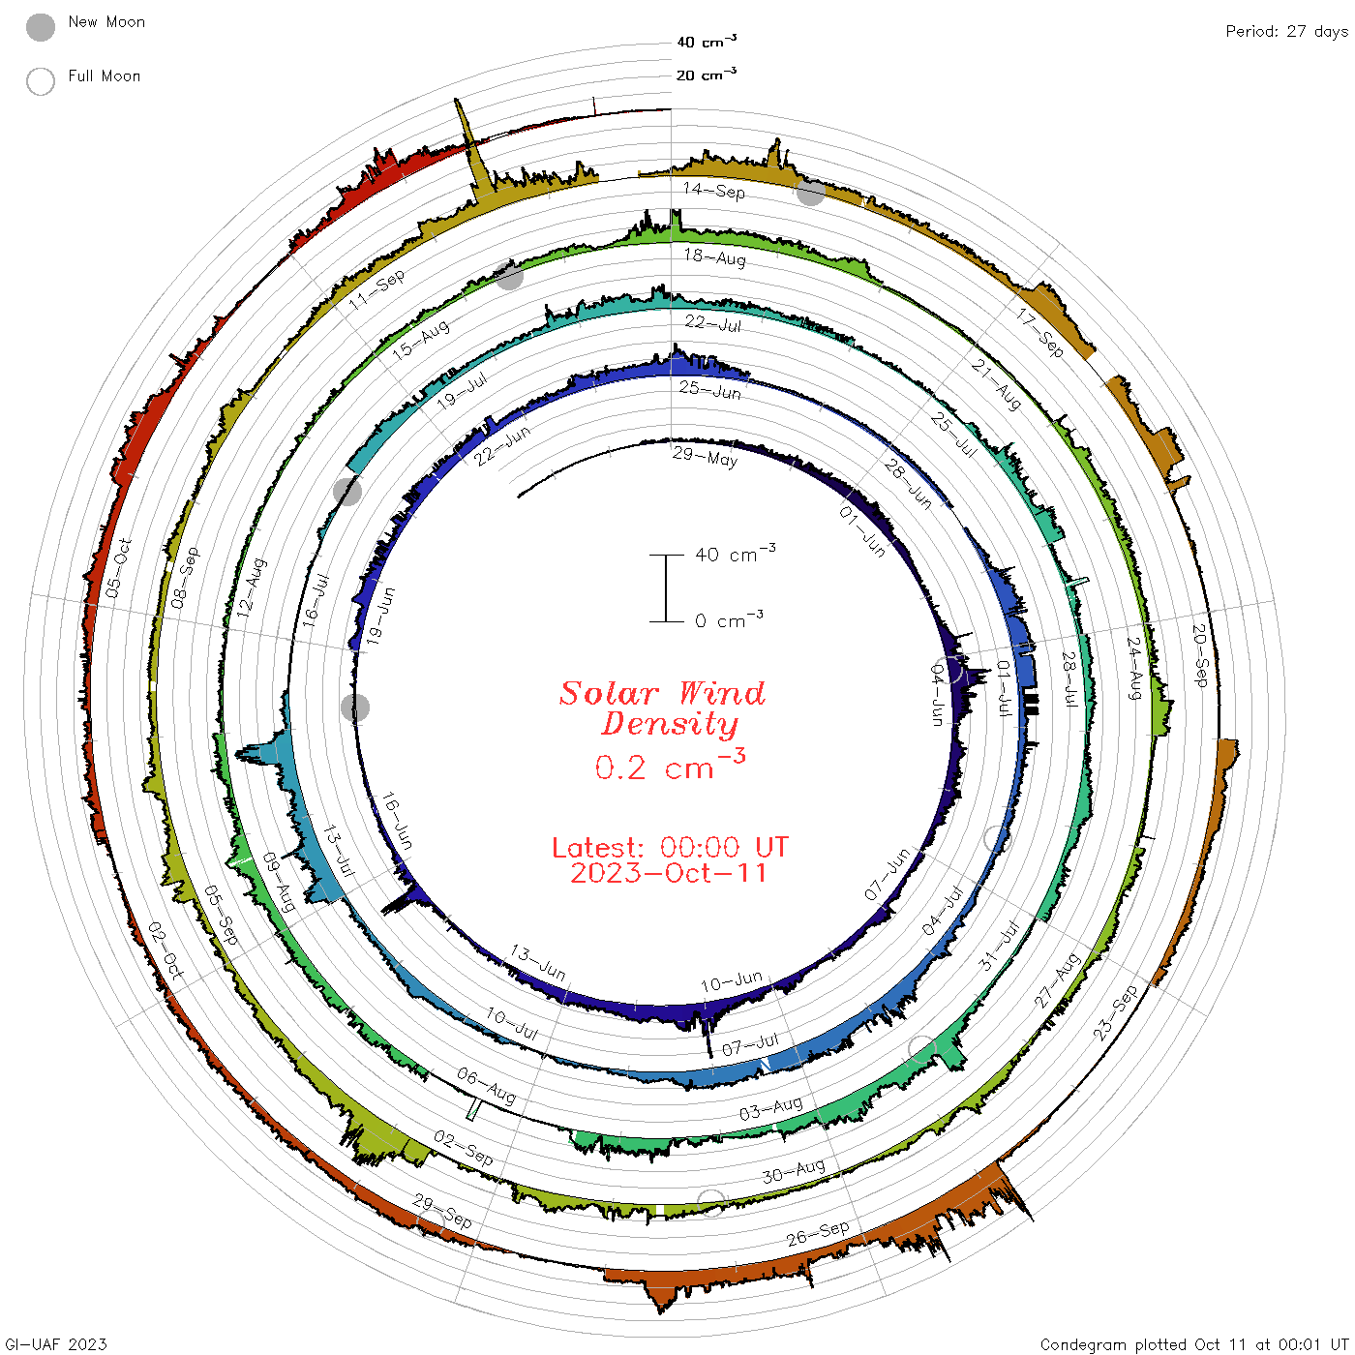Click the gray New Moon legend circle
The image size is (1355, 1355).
pos(40,27)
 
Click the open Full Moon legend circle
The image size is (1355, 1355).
pos(40,81)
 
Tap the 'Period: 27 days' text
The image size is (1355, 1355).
pos(1286,32)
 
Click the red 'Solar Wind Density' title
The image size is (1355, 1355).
pos(662,708)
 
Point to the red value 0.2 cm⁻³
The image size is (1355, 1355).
pos(670,766)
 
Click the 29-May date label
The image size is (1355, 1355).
pos(705,457)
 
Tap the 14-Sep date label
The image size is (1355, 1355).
pos(713,190)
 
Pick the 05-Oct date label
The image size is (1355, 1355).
pos(118,568)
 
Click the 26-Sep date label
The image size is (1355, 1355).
pos(817,1233)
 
